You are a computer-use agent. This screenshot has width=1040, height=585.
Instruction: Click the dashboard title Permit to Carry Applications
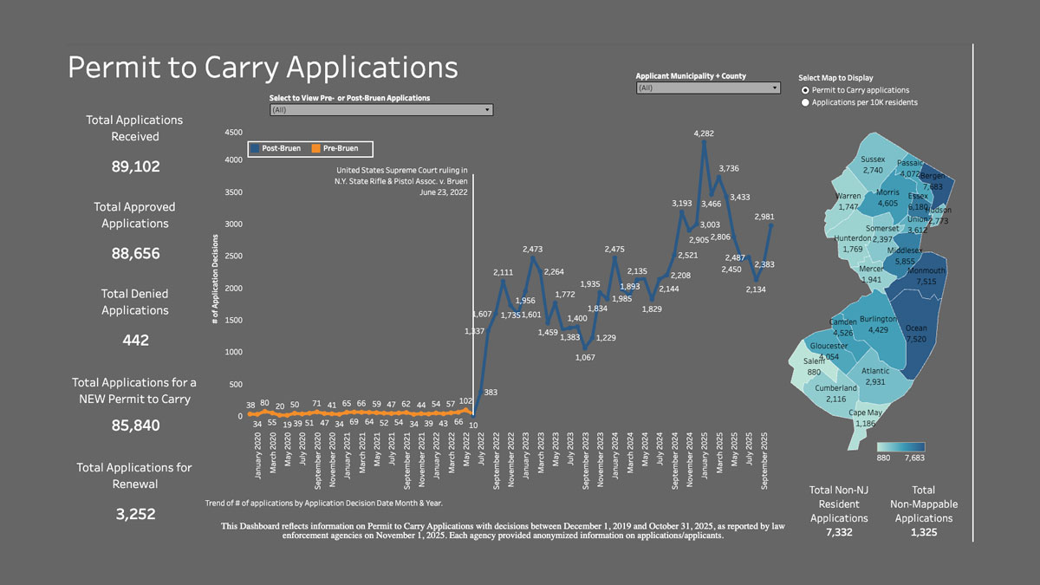coord(263,67)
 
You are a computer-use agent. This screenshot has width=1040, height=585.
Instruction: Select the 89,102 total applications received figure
coord(135,166)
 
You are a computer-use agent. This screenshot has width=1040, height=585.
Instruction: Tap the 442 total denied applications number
coord(135,341)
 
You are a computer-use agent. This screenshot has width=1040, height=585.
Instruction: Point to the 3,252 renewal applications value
coord(135,514)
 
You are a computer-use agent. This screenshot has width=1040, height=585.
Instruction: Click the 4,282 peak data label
coord(704,133)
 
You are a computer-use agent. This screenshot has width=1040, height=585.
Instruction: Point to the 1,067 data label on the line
coord(585,357)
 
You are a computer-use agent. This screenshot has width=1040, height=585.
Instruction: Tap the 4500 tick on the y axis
coord(233,133)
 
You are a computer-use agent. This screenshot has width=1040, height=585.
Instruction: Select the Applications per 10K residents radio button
coord(806,102)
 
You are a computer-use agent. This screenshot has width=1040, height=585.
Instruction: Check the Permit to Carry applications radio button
coord(806,90)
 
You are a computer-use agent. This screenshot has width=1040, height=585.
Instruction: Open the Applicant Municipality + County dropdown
coord(708,88)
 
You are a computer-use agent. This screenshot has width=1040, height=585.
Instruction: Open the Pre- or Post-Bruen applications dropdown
coord(381,110)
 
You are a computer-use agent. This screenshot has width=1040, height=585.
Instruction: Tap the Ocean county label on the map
coord(916,328)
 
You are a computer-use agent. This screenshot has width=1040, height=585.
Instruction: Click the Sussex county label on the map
coord(873,159)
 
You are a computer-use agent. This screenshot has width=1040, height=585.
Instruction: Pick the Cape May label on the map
coord(866,413)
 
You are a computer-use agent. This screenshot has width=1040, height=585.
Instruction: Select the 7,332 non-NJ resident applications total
coord(839,532)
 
